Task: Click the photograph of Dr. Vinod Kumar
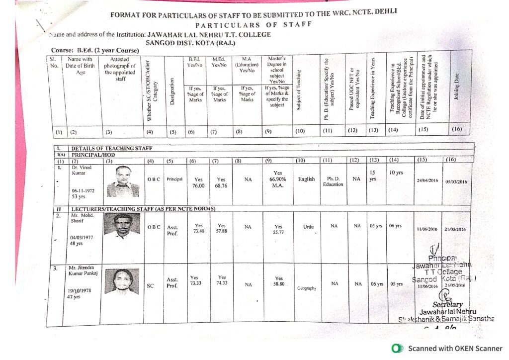[123, 182]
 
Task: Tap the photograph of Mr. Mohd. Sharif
[122, 226]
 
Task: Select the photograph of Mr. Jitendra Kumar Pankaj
[122, 281]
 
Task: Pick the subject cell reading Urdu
[308, 227]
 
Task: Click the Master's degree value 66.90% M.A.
[278, 180]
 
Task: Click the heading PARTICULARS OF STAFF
[254, 25]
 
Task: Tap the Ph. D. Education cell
[333, 181]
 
